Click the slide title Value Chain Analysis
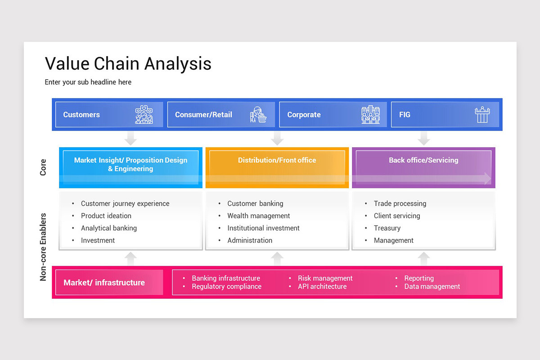pyautogui.click(x=128, y=64)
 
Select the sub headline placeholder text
pyautogui.click(x=88, y=82)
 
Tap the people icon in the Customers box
pyautogui.click(x=144, y=115)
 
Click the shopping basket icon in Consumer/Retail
pyautogui.click(x=258, y=115)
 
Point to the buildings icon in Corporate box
pyautogui.click(x=370, y=115)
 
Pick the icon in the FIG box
pyautogui.click(x=482, y=115)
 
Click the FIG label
pyautogui.click(x=405, y=115)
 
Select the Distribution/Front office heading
pyautogui.click(x=277, y=160)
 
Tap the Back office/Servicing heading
pyautogui.click(x=423, y=160)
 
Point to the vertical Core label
pyautogui.click(x=43, y=167)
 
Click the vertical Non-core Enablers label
pyautogui.click(x=43, y=247)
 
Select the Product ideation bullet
pyautogui.click(x=106, y=216)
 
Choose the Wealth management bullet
pyautogui.click(x=258, y=216)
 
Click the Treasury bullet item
pyautogui.click(x=387, y=228)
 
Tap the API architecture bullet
pyautogui.click(x=322, y=287)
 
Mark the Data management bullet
pyautogui.click(x=432, y=287)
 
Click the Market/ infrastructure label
pyautogui.click(x=104, y=283)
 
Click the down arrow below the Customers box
pyautogui.click(x=130, y=138)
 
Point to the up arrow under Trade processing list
pyautogui.click(x=423, y=258)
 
